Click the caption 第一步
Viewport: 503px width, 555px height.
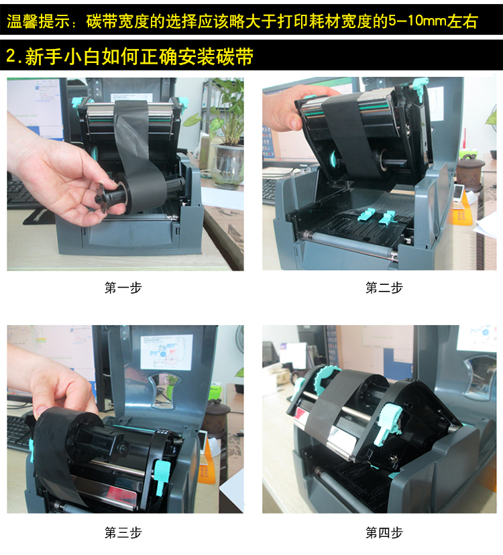(123, 288)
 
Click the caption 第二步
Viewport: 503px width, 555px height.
(384, 288)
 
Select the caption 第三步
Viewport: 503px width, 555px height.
(123, 533)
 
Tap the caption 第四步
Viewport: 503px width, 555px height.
(384, 533)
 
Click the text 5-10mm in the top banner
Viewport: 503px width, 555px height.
(417, 21)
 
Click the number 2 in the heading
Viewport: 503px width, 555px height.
(11, 56)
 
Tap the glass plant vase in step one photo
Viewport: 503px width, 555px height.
(227, 166)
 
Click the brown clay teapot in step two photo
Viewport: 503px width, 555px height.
(470, 172)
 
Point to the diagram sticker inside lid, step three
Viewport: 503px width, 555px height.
(166, 353)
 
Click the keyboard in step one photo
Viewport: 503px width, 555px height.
(21, 194)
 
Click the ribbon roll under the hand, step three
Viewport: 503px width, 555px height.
(71, 436)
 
